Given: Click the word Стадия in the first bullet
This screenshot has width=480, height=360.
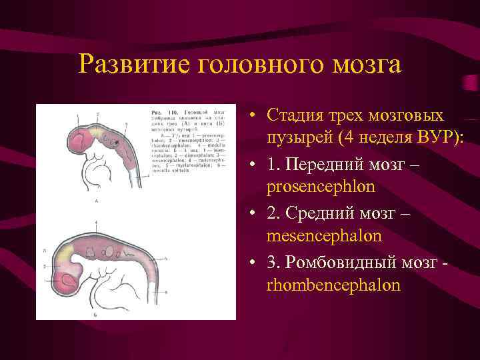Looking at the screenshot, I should tap(294, 115).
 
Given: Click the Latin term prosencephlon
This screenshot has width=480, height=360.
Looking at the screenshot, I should tap(321, 186).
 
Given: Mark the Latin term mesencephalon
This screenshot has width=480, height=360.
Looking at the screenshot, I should tap(324, 235).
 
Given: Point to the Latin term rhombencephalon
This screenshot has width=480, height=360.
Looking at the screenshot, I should tap(333, 285).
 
